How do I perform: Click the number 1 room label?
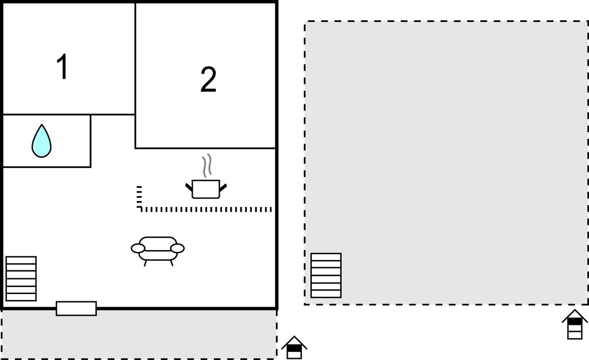click(x=62, y=67)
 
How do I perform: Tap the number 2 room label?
click(x=208, y=79)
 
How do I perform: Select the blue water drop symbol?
click(x=41, y=141)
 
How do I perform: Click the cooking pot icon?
click(x=206, y=189)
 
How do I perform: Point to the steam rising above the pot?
click(x=206, y=166)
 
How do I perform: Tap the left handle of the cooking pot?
click(x=189, y=186)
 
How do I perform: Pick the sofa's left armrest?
click(x=138, y=248)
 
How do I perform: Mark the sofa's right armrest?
click(x=177, y=248)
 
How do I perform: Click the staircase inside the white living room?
click(x=21, y=278)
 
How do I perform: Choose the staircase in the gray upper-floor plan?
click(x=326, y=275)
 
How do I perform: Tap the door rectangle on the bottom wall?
click(x=77, y=309)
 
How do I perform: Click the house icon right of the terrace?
click(x=294, y=348)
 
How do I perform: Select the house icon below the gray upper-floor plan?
click(x=575, y=324)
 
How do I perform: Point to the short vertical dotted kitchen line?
click(x=139, y=197)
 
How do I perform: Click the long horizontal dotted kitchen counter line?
click(x=206, y=209)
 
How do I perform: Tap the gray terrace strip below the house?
click(x=139, y=335)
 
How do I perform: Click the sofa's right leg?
click(x=171, y=263)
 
